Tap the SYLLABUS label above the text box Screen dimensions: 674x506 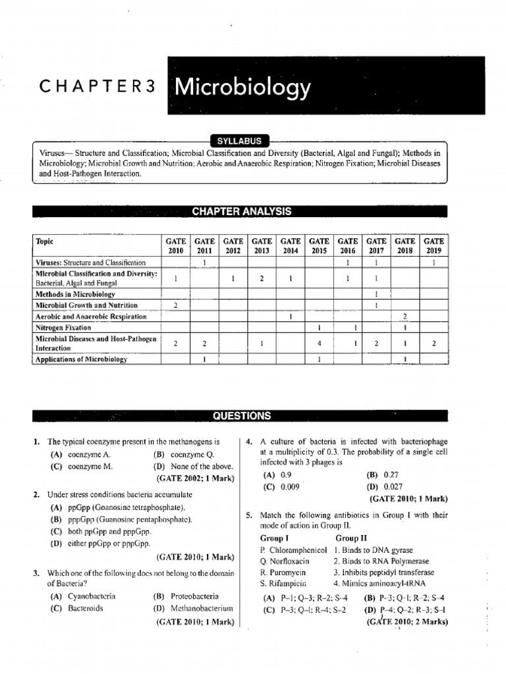(x=240, y=140)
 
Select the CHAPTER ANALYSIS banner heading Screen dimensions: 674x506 (x=240, y=211)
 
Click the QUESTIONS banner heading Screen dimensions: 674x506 (x=240, y=416)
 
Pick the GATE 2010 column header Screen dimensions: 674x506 (x=175, y=246)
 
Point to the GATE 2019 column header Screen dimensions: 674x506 (x=434, y=246)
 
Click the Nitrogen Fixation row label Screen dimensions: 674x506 (x=63, y=327)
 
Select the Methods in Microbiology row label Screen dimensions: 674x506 (x=75, y=294)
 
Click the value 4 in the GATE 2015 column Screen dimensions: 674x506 (x=319, y=343)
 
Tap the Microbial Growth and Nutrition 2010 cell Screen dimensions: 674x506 (x=175, y=305)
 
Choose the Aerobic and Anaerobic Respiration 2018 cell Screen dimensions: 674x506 (x=405, y=317)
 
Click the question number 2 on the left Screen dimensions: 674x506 (x=37, y=494)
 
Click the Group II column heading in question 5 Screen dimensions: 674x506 (x=352, y=538)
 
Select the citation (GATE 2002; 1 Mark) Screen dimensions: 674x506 (x=196, y=479)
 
